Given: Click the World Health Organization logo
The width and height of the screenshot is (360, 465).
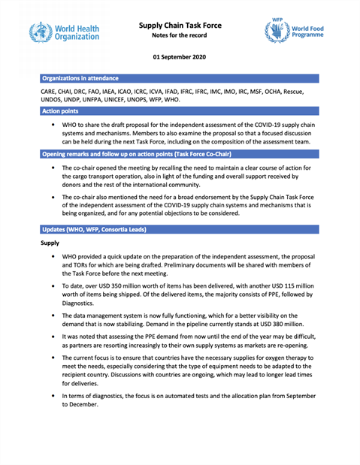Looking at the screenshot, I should pyautogui.click(x=64, y=32).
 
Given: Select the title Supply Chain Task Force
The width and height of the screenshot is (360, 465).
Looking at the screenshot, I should pyautogui.click(x=180, y=25).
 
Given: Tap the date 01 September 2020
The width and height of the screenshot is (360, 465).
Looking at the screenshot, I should pyautogui.click(x=180, y=56).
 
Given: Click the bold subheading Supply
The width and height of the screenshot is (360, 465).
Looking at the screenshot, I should pyautogui.click(x=50, y=243).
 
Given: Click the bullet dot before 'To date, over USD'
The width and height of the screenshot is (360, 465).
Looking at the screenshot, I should pyautogui.click(x=53, y=286).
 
